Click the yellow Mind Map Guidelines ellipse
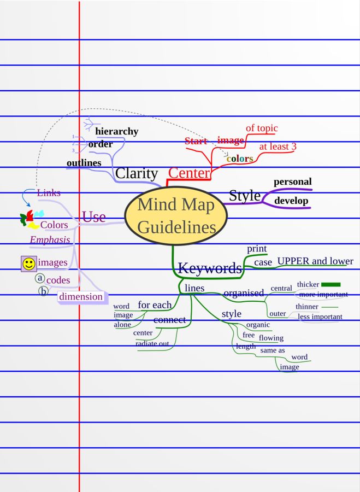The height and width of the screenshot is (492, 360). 176,216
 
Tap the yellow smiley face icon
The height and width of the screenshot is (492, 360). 29,263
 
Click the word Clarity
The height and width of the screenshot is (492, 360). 137,173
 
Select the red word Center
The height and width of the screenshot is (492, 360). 189,173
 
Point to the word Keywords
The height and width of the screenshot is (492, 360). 210,268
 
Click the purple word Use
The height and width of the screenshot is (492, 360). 93,216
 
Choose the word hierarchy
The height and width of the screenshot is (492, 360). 116,131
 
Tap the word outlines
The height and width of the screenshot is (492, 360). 84,163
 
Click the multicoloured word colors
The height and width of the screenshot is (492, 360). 240,159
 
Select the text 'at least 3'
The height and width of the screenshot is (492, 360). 278,147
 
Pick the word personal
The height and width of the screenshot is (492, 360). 292,181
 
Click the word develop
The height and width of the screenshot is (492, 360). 291,201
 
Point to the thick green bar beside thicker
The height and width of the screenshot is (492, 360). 331,284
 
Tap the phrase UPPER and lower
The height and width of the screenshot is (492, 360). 315,261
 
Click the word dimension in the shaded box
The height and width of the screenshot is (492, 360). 81,297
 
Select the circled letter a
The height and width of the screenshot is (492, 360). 40,278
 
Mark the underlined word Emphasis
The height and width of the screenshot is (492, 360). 50,240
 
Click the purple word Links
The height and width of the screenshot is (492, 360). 49,193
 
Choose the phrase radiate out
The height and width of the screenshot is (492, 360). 152,343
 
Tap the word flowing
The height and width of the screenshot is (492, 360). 271,338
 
